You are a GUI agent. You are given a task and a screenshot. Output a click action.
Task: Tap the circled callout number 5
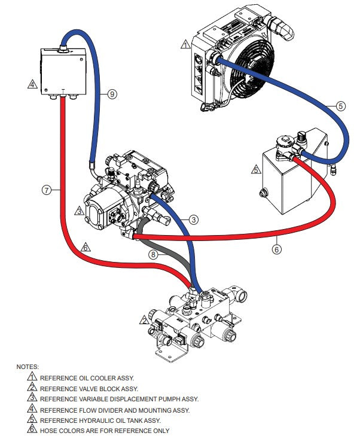(x=340, y=106)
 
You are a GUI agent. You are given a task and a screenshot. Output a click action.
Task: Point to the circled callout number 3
(x=193, y=219)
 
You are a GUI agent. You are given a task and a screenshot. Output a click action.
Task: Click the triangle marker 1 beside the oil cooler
(x=185, y=44)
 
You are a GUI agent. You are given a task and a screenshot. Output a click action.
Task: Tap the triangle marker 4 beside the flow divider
(x=32, y=84)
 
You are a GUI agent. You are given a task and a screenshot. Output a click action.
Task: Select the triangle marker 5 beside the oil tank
(x=255, y=170)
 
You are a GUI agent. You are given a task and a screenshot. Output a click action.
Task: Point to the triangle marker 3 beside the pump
(x=80, y=211)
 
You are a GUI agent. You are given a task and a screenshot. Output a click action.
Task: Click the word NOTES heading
(x=28, y=366)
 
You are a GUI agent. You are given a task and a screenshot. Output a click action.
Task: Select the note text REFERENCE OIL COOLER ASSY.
(x=87, y=378)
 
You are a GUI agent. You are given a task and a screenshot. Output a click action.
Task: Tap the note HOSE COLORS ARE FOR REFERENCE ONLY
(x=104, y=431)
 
